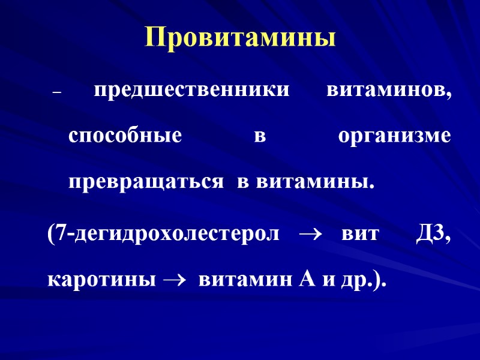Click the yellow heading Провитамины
pos(240,38)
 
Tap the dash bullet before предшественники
pos(58,94)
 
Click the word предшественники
pos(191,91)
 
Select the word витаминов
pos(389,91)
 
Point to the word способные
pos(125,136)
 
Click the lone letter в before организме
pos(259,137)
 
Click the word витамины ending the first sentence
pos(316,181)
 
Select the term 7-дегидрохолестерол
pos(164,233)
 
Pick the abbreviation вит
pos(360,234)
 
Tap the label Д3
pos(433,233)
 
